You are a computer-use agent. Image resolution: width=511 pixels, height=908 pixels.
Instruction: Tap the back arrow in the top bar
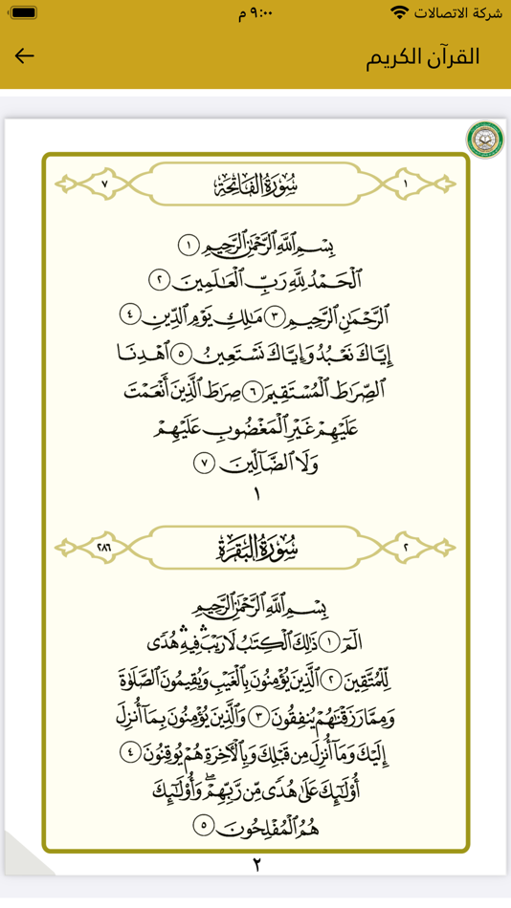click(x=25, y=55)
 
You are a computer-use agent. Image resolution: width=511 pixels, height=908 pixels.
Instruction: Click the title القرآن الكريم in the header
click(x=422, y=55)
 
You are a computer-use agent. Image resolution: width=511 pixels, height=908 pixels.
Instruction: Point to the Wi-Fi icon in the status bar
click(x=399, y=12)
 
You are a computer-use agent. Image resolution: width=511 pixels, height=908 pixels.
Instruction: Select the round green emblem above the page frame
click(x=485, y=140)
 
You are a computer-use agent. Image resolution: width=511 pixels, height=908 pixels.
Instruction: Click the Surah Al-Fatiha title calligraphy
click(x=255, y=184)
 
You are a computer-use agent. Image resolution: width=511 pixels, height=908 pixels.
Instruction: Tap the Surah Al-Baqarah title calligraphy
click(x=255, y=548)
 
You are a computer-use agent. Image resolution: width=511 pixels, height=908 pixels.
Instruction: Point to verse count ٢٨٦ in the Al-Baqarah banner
click(x=104, y=548)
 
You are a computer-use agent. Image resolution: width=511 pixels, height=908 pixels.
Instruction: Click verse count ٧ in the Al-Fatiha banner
click(x=105, y=184)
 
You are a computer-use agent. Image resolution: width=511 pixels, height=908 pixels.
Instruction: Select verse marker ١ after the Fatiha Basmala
click(x=189, y=246)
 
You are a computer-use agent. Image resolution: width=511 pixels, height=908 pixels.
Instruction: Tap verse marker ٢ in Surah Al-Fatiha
click(x=160, y=280)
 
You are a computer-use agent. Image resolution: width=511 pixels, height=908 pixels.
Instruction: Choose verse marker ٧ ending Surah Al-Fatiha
click(x=204, y=464)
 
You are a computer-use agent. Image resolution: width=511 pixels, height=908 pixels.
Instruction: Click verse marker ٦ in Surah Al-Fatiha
click(x=251, y=391)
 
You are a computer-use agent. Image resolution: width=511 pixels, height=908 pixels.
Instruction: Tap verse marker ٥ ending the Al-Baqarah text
click(x=203, y=824)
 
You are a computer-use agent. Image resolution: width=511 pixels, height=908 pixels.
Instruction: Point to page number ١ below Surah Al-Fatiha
click(x=255, y=495)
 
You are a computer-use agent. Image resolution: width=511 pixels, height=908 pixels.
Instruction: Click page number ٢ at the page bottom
click(x=256, y=866)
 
